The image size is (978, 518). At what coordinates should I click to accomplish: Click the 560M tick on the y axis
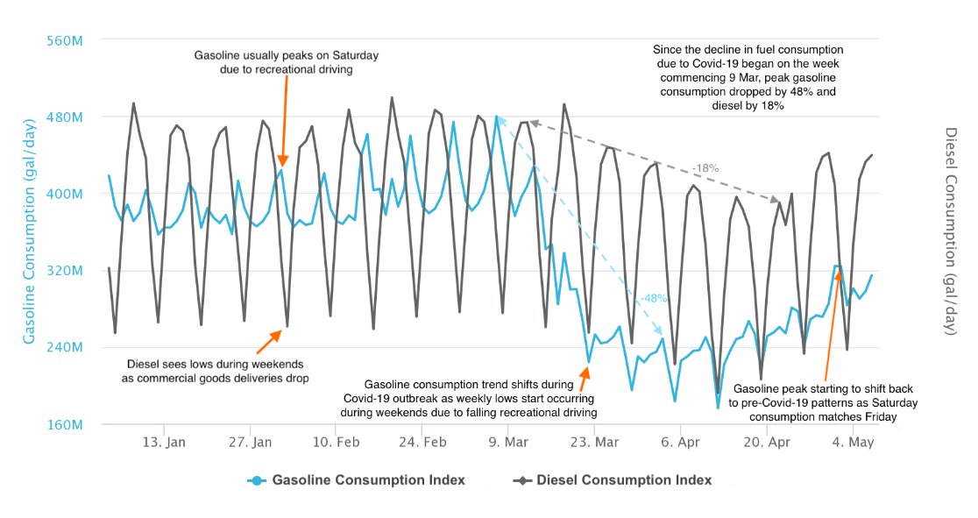[x=66, y=40]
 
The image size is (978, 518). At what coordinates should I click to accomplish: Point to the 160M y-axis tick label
[x=66, y=425]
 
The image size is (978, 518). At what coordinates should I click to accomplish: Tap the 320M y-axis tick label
[x=66, y=271]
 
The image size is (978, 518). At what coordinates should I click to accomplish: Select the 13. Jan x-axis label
[x=164, y=443]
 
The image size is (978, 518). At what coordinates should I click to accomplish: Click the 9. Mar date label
[x=508, y=443]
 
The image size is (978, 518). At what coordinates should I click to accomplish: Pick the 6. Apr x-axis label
[x=681, y=443]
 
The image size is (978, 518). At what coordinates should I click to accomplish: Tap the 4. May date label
[x=853, y=443]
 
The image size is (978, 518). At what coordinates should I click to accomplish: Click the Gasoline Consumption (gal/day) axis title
[x=29, y=232]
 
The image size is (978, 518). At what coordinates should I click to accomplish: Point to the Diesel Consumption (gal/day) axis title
[x=952, y=232]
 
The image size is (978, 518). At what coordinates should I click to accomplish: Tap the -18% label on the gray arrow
[x=705, y=167]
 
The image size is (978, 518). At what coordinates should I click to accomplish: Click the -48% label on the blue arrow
[x=653, y=298]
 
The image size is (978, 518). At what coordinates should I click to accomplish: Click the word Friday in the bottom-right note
[x=879, y=417]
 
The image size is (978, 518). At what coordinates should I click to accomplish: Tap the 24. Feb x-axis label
[x=422, y=443]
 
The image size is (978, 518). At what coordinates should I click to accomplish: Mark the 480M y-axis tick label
[x=66, y=117]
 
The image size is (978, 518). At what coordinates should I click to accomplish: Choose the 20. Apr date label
[x=767, y=443]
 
